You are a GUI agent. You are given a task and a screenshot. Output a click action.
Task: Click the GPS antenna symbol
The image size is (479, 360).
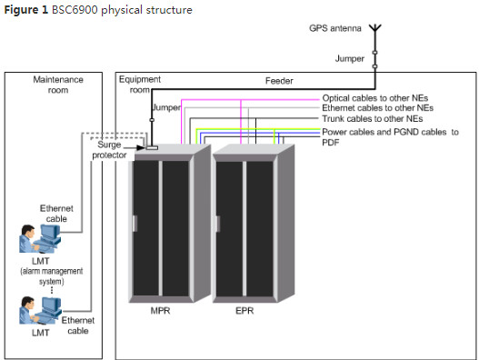click(375, 28)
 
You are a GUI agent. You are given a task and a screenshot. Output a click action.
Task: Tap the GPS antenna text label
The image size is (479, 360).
click(335, 28)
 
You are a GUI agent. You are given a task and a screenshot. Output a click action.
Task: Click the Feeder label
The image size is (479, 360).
click(279, 81)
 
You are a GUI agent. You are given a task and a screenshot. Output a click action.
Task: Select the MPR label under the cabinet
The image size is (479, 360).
click(160, 311)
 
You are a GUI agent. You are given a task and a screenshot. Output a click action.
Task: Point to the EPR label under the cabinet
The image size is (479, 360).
click(244, 311)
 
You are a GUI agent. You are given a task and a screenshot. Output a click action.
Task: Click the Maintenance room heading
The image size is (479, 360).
click(58, 85)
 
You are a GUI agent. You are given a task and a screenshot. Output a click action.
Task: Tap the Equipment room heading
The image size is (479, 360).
click(140, 85)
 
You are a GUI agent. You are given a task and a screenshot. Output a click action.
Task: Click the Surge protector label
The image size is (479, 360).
click(109, 149)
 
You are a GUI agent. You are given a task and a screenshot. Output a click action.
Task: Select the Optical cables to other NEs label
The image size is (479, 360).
click(374, 98)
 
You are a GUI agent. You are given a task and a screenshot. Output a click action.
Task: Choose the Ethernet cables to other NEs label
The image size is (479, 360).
click(377, 108)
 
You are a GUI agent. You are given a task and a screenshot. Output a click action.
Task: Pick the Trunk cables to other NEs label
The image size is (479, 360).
click(373, 118)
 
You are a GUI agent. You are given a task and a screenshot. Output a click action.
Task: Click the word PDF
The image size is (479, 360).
click(331, 143)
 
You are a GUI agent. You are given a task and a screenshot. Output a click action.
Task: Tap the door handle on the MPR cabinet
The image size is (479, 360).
click(135, 224)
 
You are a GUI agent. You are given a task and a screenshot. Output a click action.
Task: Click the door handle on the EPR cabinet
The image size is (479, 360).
click(218, 224)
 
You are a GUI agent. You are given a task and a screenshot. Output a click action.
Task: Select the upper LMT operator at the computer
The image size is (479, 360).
click(40, 239)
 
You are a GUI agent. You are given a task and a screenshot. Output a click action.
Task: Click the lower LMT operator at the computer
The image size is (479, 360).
click(40, 310)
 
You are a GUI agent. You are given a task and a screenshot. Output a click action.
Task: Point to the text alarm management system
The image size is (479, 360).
click(51, 276)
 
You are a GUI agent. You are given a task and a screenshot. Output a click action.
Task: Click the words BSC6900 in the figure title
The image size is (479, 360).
click(75, 10)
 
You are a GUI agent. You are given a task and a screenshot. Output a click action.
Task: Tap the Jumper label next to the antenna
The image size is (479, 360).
click(349, 58)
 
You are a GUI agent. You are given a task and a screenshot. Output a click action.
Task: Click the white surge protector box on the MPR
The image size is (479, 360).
click(152, 148)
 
